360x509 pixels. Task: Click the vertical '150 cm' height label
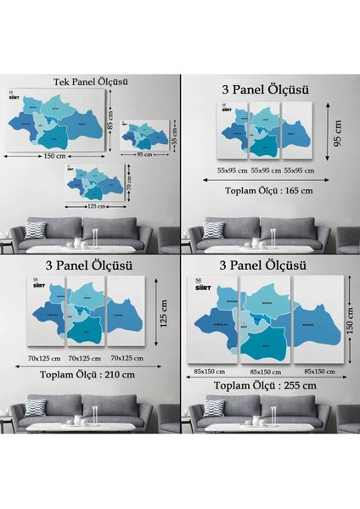click(348, 323)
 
